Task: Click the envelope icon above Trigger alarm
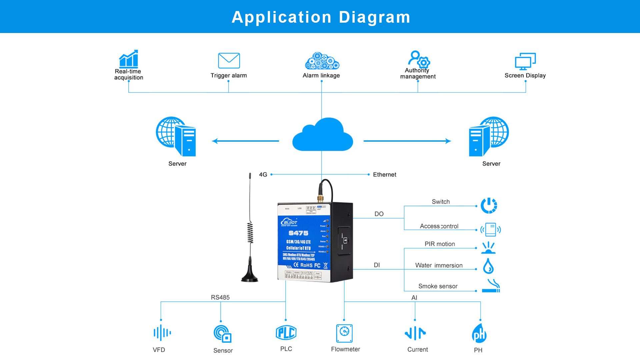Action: pos(229,61)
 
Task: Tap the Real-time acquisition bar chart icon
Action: pos(129,59)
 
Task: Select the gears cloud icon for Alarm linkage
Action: pos(322,61)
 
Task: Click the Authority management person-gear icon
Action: pos(419,59)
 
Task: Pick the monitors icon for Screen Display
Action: pos(525,61)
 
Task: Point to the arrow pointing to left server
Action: pos(245,141)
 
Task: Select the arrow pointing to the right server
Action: pos(407,141)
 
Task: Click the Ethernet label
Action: pos(384,175)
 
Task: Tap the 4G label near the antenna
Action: pos(263,175)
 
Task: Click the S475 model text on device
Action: pos(298,233)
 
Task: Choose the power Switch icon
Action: pos(489,206)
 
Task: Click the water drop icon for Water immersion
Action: pos(488,266)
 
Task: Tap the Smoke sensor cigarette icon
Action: pos(491,286)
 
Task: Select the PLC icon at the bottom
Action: pos(286,333)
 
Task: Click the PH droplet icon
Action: pos(479,333)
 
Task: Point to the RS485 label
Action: pos(220,297)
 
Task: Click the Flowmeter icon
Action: pos(344,333)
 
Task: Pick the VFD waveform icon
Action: pos(162,333)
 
